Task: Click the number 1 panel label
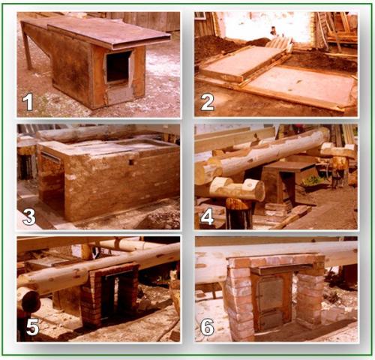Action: click(x=28, y=102)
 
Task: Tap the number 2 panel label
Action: click(x=208, y=102)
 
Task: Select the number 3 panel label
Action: click(x=29, y=216)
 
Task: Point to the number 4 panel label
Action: click(x=208, y=217)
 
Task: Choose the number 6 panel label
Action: click(x=208, y=327)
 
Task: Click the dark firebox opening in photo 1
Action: click(x=118, y=67)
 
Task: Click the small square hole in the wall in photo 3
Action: click(x=131, y=163)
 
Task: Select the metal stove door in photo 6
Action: click(x=271, y=302)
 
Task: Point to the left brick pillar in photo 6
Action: click(x=238, y=298)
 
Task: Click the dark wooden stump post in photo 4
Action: click(x=238, y=214)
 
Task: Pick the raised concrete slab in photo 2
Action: click(x=244, y=62)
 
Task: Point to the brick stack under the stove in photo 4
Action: click(x=277, y=209)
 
